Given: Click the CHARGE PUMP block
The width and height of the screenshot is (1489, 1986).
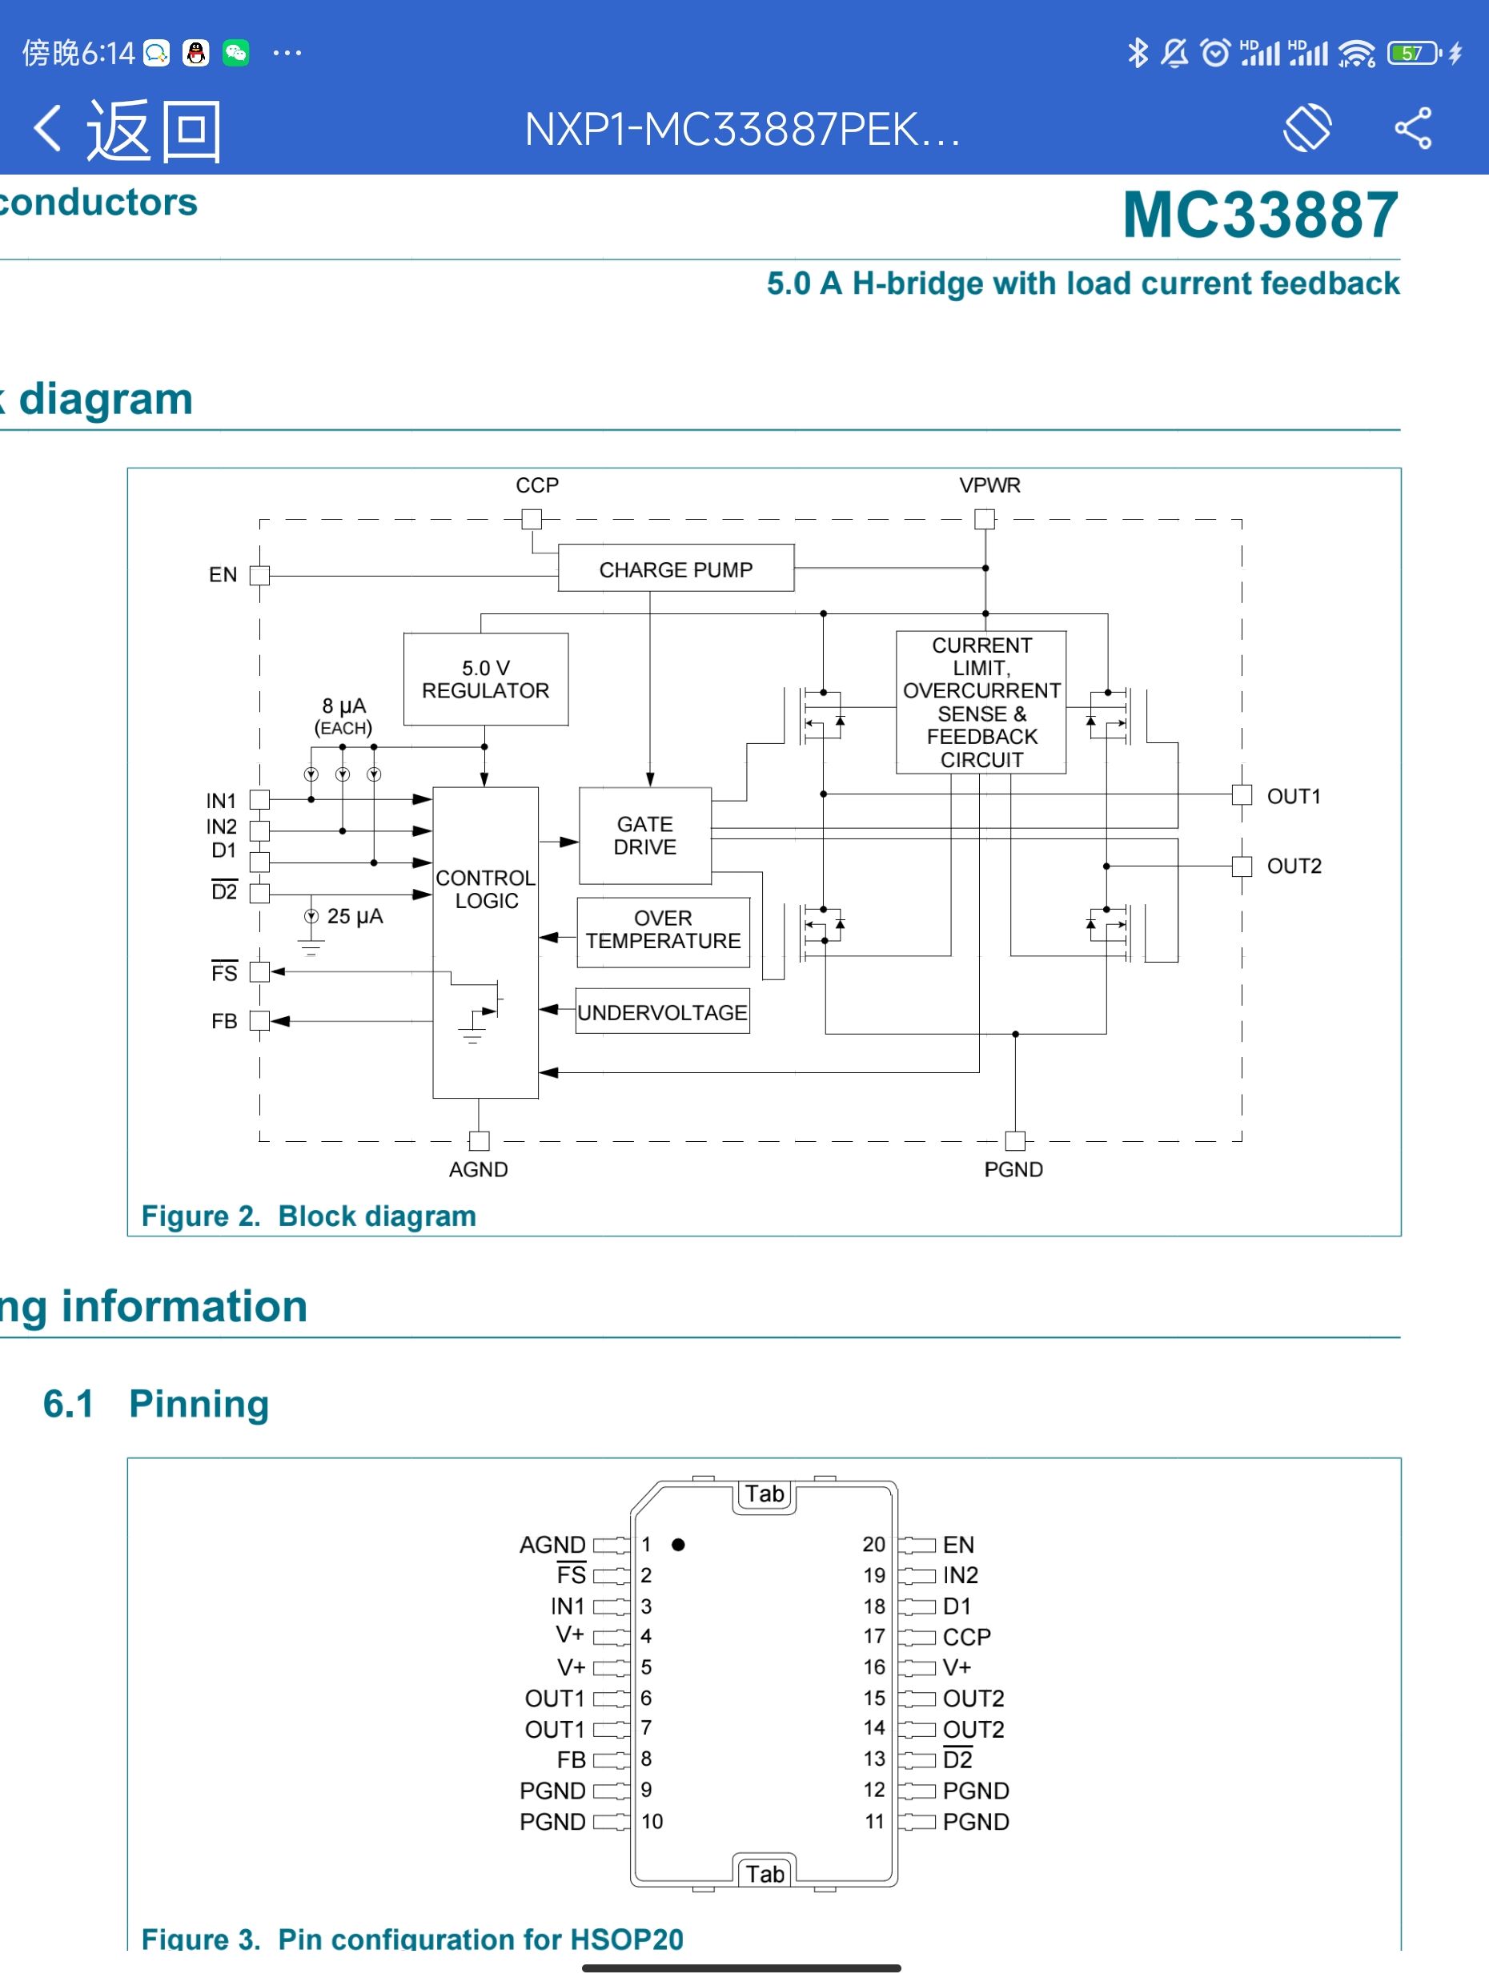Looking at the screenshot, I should tap(675, 569).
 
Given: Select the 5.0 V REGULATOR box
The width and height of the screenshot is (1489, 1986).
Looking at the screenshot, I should tap(486, 680).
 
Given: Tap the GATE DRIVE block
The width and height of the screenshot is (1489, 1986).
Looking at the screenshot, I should tap(644, 836).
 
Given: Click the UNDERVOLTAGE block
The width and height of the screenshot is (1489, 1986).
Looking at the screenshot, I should tap(661, 1013).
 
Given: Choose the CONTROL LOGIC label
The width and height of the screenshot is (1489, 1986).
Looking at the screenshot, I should tap(486, 889).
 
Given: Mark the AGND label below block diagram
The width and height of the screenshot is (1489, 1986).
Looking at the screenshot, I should tap(479, 1169).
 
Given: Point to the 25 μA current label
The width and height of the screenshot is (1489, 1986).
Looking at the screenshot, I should tap(355, 917).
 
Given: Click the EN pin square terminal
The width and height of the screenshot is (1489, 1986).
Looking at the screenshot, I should tap(259, 576).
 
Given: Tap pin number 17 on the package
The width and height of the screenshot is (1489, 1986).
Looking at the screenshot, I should tap(874, 1636).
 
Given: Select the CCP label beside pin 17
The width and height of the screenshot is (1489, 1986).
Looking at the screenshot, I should tap(966, 1637).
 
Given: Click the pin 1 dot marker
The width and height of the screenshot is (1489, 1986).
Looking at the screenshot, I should tap(679, 1544).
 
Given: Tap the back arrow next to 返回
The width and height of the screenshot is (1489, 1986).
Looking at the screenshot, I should tap(47, 128).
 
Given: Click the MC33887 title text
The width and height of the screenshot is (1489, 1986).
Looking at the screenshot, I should tap(1260, 215).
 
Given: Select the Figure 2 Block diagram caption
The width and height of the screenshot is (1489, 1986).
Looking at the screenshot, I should tap(309, 1216).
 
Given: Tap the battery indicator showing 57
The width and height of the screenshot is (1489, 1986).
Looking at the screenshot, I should tap(1413, 53).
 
